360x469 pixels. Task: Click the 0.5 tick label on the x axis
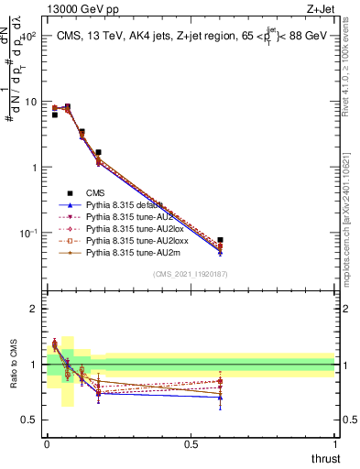point(191,442)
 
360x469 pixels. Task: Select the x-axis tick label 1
point(335,442)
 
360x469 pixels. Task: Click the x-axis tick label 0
point(47,442)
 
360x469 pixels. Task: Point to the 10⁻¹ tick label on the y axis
point(27,233)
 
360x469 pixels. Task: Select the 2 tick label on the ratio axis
point(34,309)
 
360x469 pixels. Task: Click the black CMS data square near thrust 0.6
point(220,240)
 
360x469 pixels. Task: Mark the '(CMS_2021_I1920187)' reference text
point(191,274)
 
